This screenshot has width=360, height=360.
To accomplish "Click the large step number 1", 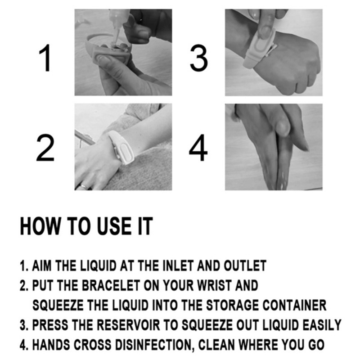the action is click(x=46, y=58).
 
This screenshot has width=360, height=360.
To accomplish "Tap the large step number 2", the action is click(x=45, y=148).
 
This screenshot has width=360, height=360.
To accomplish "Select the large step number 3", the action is click(x=199, y=58).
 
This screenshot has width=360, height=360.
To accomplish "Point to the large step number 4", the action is click(x=198, y=148).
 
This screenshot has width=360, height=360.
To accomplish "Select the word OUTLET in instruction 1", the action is click(x=245, y=265).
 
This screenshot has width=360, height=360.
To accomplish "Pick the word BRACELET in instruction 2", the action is click(x=111, y=285).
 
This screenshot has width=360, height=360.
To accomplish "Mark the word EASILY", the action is click(x=322, y=325).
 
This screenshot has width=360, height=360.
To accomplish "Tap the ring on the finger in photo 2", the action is click(x=83, y=186).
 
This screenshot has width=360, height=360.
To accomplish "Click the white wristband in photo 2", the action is click(x=121, y=147).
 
